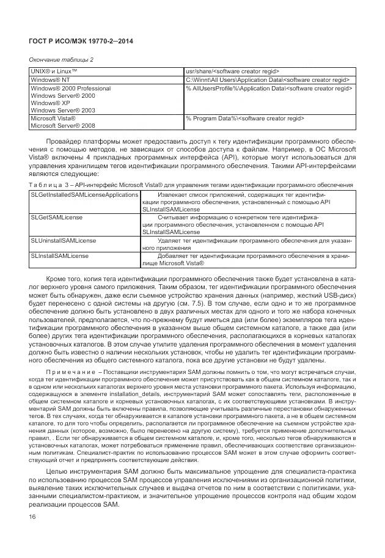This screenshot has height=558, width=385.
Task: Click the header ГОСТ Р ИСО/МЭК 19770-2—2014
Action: [81, 41]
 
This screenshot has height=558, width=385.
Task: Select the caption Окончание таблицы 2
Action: [62, 59]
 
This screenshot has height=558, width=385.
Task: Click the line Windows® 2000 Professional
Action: [70, 89]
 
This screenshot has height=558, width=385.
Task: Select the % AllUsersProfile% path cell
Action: [269, 89]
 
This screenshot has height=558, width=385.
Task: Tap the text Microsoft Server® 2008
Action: [64, 126]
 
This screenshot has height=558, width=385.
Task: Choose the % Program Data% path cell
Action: [245, 118]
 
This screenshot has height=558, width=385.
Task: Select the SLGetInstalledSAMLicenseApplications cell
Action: [84, 194]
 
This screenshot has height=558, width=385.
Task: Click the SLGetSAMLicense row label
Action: [57, 217]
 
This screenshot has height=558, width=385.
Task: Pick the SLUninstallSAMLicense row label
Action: [64, 241]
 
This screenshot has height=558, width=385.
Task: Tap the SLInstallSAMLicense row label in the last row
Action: [59, 256]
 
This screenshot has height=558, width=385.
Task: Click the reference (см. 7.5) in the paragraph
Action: [236, 301]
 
